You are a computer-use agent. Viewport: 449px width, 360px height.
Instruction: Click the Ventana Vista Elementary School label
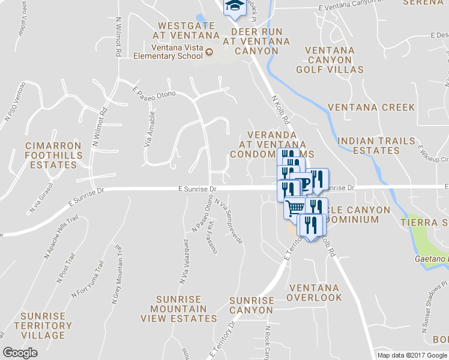(169, 52)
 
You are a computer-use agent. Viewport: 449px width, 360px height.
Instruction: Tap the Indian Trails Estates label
(376, 146)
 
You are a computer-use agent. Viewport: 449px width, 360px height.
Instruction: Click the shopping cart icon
(295, 208)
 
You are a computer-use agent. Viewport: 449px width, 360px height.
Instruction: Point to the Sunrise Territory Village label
(43, 325)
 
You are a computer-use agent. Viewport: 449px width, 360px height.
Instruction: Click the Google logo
(20, 353)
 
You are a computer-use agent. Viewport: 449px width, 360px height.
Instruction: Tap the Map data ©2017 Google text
(412, 355)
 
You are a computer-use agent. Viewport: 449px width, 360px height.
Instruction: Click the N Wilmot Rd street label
(118, 37)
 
